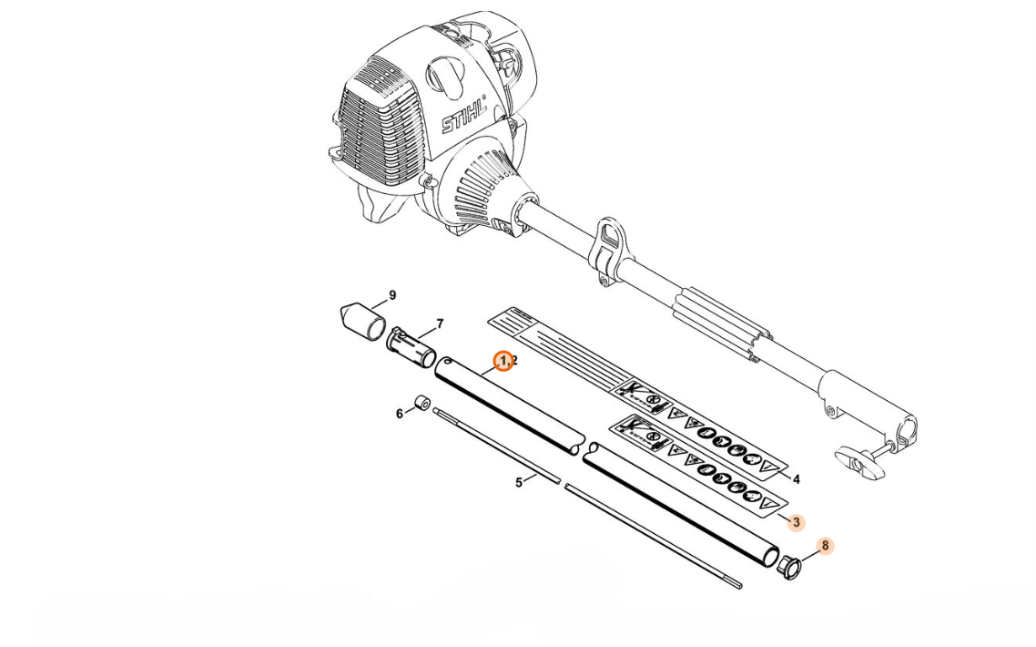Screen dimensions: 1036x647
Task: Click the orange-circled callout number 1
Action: point(503,361)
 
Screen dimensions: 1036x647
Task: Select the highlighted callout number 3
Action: point(797,522)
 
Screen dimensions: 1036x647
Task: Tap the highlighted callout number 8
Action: point(825,546)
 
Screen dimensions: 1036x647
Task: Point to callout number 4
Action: point(797,479)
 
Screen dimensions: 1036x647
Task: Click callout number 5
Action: point(519,483)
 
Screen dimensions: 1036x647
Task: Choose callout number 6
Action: point(399,414)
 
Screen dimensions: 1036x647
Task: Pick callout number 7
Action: point(440,324)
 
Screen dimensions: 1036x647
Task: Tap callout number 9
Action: point(392,295)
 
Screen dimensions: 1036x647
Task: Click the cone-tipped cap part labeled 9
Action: point(362,321)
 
